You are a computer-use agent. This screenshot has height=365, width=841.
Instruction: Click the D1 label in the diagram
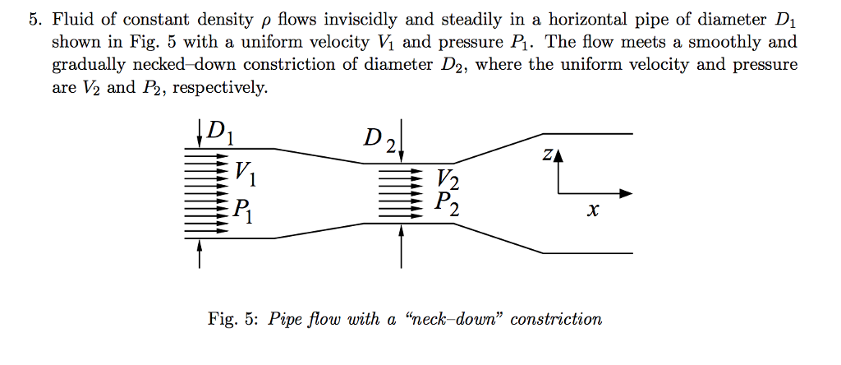pos(220,132)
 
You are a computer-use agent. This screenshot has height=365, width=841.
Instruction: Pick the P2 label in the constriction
pos(448,202)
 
